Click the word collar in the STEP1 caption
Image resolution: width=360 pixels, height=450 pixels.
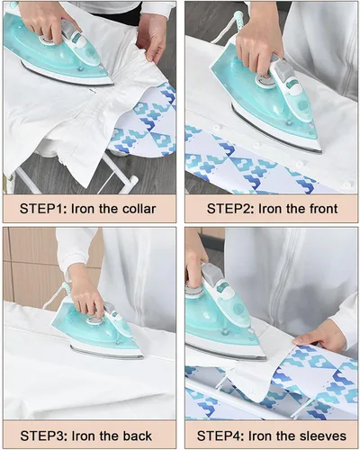point(139,209)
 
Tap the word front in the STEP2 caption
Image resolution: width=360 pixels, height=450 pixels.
point(320,209)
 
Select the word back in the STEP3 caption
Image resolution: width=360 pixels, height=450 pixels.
point(137,436)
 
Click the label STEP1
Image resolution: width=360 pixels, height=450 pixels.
point(44,209)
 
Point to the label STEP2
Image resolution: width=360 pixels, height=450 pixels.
point(230,209)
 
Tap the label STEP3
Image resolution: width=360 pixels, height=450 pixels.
point(44,436)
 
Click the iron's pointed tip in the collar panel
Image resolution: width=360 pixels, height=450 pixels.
point(112,83)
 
